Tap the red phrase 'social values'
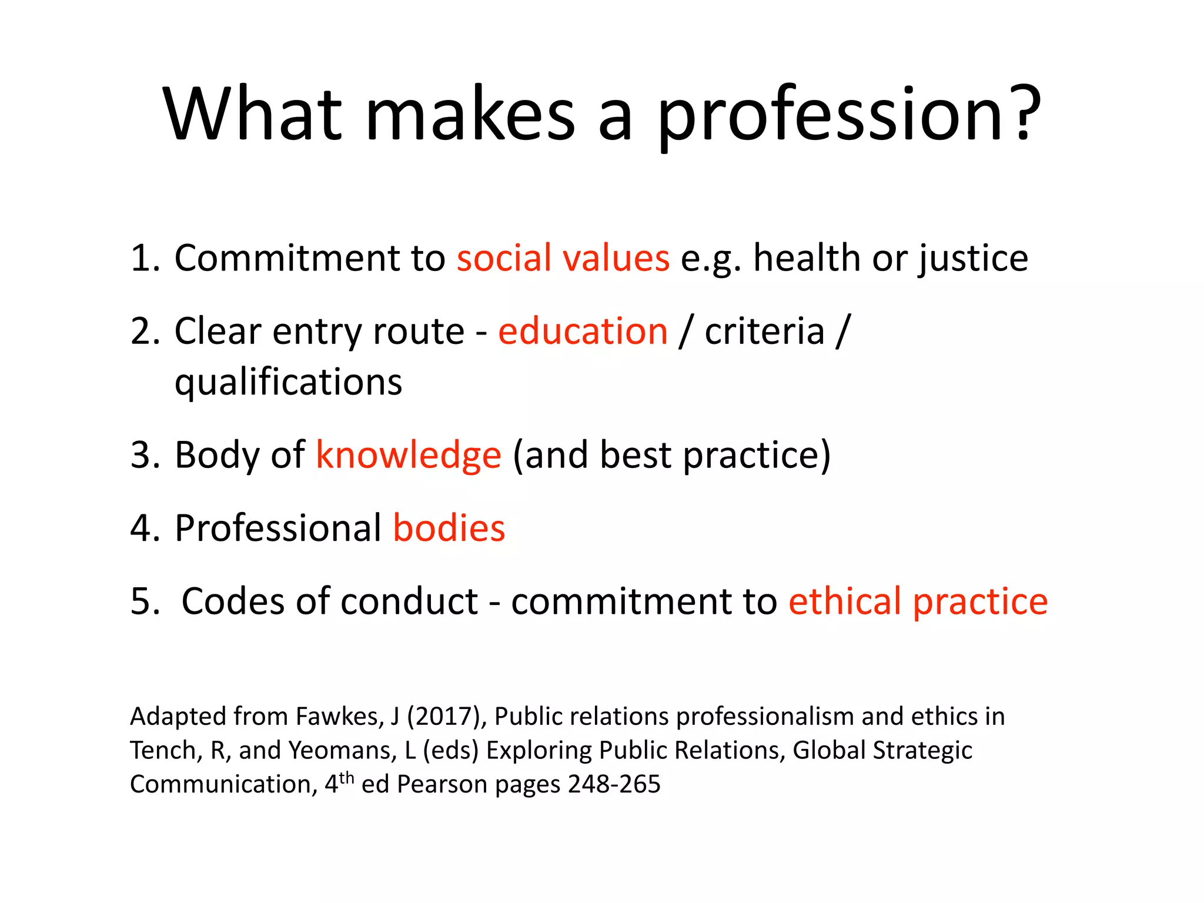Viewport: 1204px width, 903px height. point(563,258)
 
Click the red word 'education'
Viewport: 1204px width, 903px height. point(583,331)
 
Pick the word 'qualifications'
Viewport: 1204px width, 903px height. point(288,382)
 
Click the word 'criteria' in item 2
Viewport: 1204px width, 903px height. point(764,331)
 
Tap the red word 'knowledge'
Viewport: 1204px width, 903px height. point(409,456)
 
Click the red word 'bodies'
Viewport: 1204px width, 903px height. point(449,528)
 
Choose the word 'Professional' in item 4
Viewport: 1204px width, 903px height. point(278,528)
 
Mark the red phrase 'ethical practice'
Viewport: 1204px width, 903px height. point(918,601)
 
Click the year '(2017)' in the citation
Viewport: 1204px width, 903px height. point(446,717)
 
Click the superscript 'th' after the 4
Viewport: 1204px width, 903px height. point(347,777)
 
